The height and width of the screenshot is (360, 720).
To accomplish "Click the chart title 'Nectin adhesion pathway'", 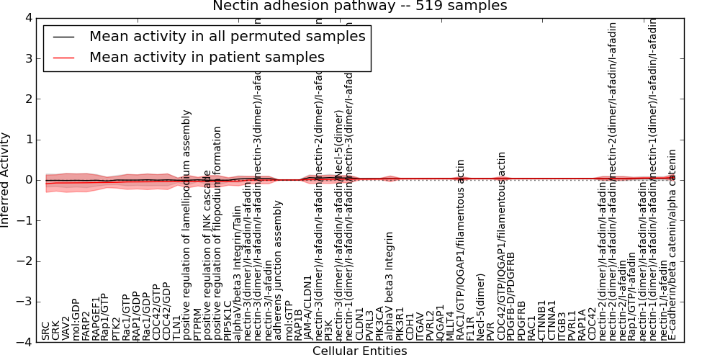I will click(x=359, y=6).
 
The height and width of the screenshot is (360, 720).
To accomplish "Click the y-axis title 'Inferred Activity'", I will click(x=6, y=179).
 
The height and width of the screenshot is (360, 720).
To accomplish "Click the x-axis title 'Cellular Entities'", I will click(x=359, y=351).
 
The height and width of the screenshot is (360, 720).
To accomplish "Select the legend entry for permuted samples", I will click(x=227, y=37).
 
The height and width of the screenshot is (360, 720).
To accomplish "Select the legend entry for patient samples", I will click(x=207, y=58).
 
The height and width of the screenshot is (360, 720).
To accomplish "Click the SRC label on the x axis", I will click(x=46, y=331).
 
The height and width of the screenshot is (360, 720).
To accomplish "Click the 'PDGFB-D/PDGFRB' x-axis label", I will click(x=512, y=296).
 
